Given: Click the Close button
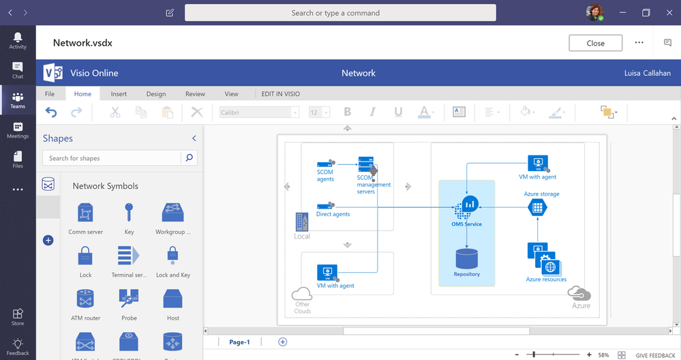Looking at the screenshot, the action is tap(595, 43).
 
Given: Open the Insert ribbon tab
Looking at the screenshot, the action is tap(119, 94).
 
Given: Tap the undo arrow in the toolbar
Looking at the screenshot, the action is tap(51, 112).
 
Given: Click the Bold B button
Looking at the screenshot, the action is tap(348, 112).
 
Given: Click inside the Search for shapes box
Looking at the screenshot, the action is tap(112, 158).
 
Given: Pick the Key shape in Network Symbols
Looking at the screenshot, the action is tap(129, 212).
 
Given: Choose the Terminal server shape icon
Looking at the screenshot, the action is tap(129, 256).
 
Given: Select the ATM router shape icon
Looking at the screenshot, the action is tap(85, 299).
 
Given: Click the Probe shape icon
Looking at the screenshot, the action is tap(129, 299).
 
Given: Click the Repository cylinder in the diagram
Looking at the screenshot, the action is tap(467, 259).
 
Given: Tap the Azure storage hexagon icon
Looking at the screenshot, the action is tap(538, 207).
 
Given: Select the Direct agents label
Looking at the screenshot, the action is tap(333, 214).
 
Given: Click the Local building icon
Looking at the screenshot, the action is tap(302, 222).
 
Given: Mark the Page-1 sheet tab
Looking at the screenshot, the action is tap(240, 342).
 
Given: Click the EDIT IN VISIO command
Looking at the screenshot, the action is tap(281, 94).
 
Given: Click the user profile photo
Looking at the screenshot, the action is tap(594, 12).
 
